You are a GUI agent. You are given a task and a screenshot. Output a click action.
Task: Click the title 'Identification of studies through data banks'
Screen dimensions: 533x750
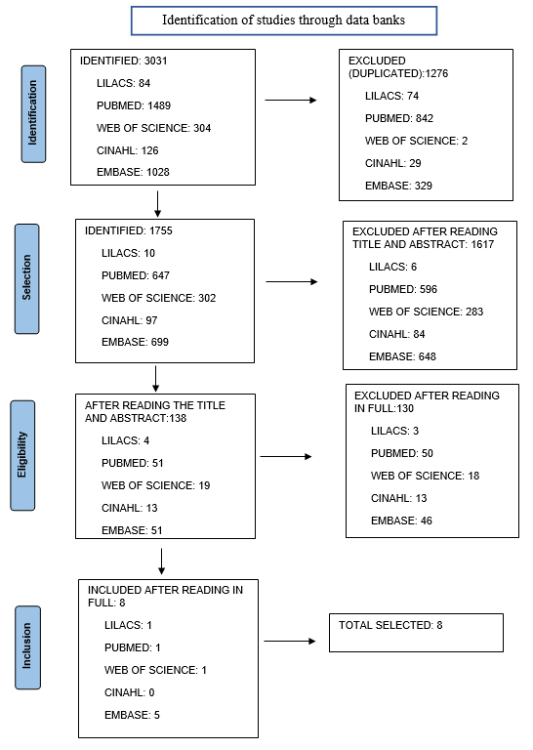(x=283, y=21)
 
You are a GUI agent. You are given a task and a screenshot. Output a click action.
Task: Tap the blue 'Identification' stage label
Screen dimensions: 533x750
(x=33, y=114)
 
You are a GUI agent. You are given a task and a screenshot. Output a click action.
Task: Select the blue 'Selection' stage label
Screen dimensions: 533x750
(x=26, y=278)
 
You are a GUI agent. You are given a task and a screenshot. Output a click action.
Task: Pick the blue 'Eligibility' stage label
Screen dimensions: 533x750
(x=22, y=455)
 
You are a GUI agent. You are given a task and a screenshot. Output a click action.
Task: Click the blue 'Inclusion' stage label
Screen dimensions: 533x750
(x=27, y=647)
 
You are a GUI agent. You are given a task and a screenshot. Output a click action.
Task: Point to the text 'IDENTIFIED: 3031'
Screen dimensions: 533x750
(x=123, y=61)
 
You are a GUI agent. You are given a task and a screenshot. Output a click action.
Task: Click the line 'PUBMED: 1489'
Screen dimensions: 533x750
(x=134, y=105)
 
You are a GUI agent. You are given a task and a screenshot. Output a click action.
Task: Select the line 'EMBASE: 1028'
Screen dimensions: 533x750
(x=133, y=172)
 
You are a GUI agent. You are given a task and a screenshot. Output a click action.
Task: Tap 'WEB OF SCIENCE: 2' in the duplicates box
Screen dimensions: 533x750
(x=417, y=141)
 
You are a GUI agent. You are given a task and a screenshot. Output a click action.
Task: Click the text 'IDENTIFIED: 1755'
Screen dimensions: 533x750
(x=129, y=230)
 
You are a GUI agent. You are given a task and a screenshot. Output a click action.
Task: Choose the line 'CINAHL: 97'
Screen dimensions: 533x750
(x=129, y=320)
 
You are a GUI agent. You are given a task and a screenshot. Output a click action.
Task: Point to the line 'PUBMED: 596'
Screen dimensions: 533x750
(x=403, y=289)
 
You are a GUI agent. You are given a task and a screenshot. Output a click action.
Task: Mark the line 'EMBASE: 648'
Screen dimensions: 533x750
(x=402, y=356)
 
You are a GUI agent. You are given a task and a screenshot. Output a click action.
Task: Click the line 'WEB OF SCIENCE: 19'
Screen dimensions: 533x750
(x=156, y=485)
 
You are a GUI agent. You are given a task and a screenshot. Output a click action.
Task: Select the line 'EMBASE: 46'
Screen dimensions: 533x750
(x=401, y=521)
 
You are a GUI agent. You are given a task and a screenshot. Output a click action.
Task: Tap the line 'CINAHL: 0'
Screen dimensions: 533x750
(x=130, y=692)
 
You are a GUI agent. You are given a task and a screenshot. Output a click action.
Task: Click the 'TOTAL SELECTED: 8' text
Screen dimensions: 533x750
(x=390, y=625)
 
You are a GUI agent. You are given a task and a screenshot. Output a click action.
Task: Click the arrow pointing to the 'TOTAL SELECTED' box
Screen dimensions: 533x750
(x=290, y=641)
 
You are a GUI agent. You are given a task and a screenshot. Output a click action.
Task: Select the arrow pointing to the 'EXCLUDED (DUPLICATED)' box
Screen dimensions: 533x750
(x=291, y=100)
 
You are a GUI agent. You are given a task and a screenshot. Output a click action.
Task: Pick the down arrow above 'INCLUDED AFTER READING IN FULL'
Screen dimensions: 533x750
(x=162, y=562)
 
